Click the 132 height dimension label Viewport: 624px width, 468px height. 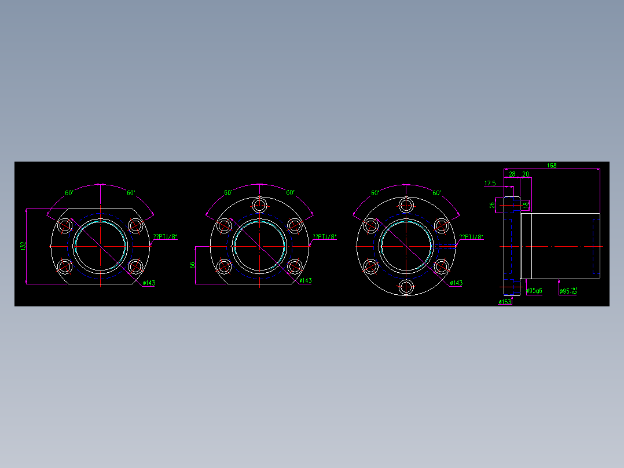coord(23,246)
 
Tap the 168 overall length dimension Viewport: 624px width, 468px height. coord(552,166)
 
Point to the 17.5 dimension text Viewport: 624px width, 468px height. coord(490,183)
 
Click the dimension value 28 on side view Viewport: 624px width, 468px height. coord(512,174)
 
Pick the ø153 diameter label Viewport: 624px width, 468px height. coord(505,302)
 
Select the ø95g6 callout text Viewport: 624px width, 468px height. coord(534,291)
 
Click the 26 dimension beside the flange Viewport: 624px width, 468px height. coord(492,205)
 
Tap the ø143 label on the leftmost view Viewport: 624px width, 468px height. coord(149,283)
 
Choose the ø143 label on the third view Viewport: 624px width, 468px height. coord(456,283)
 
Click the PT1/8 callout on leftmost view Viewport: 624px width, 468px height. coord(164,236)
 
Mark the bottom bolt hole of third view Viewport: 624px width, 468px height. coord(407,286)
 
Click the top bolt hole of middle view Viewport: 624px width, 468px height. coord(260,205)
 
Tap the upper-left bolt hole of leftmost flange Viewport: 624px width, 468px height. coord(65,225)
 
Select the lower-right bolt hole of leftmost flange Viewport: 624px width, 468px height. coord(136,266)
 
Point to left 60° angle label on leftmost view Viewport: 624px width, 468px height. coord(69,193)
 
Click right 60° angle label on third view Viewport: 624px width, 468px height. coord(436,193)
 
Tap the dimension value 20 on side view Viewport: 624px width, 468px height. coord(525,174)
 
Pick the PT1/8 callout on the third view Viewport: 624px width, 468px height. coord(471,236)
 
